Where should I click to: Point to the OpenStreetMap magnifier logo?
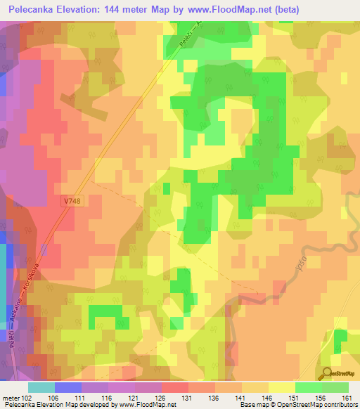(x=326, y=374)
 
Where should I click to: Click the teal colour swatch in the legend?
(x=41, y=387)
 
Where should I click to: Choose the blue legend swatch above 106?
(x=67, y=387)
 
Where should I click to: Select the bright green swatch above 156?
(x=308, y=387)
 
